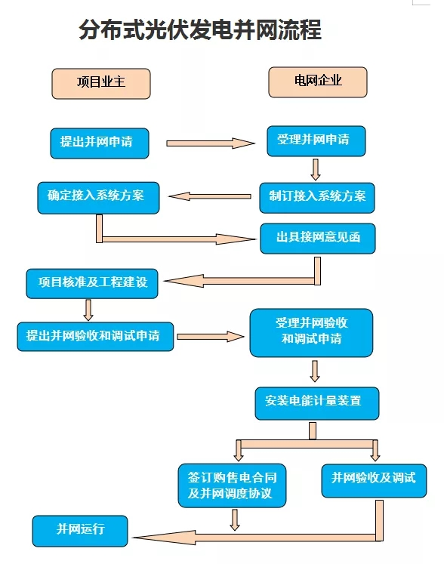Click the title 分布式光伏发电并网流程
pyautogui.click(x=200, y=30)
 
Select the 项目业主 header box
pyautogui.click(x=100, y=83)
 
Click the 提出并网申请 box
pyautogui.click(x=99, y=143)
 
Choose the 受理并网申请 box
pyautogui.click(x=316, y=141)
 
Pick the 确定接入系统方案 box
pyautogui.click(x=100, y=196)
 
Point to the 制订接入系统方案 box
pyautogui.click(x=317, y=196)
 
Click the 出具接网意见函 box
pyautogui.click(x=317, y=238)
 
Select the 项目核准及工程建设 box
pyautogui.click(x=92, y=283)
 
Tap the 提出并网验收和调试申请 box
pyautogui.click(x=95, y=336)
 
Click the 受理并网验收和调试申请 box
pyautogui.click(x=311, y=331)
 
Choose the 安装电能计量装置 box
pyautogui.click(x=316, y=402)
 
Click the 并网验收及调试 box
pyautogui.click(x=373, y=479)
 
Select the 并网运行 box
pyautogui.click(x=80, y=530)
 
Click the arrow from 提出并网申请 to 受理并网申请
pyautogui.click(x=210, y=143)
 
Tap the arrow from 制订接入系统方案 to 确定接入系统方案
pyautogui.click(x=210, y=196)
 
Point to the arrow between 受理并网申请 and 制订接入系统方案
pyautogui.click(x=316, y=168)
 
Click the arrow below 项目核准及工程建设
pyautogui.click(x=88, y=310)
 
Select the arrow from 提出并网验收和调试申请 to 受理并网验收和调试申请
pyautogui.click(x=211, y=336)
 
